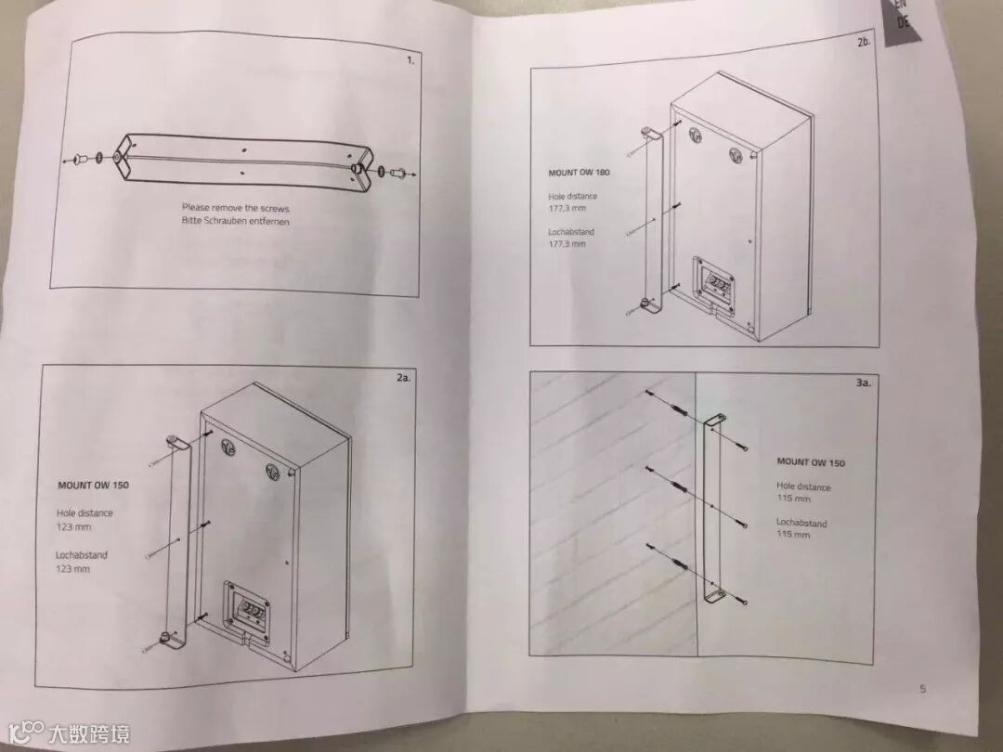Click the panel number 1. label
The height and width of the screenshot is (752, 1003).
pyautogui.click(x=410, y=60)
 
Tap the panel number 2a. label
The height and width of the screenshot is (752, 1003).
pyautogui.click(x=402, y=379)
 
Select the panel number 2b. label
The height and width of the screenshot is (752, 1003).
pyautogui.click(x=863, y=44)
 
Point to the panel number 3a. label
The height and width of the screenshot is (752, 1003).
pyautogui.click(x=862, y=382)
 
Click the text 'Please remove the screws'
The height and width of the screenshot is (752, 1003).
pyautogui.click(x=235, y=208)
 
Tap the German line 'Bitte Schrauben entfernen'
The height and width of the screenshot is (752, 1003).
pyautogui.click(x=235, y=221)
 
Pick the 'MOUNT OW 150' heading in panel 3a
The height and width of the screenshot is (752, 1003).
pyautogui.click(x=811, y=461)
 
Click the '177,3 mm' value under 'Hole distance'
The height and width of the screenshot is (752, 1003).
pyautogui.click(x=567, y=209)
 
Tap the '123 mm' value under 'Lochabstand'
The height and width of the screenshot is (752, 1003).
pyautogui.click(x=73, y=568)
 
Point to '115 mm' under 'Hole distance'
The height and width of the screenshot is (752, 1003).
pyautogui.click(x=793, y=499)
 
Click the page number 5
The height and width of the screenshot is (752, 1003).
pyautogui.click(x=922, y=688)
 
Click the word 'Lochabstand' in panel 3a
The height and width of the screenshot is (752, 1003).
pyautogui.click(x=801, y=523)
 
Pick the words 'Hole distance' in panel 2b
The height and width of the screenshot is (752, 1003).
pyautogui.click(x=573, y=196)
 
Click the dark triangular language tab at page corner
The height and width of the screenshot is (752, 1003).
pyautogui.click(x=905, y=23)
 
